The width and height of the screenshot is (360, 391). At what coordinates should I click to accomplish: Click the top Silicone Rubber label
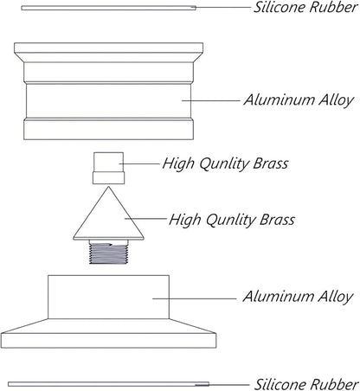tap(305, 7)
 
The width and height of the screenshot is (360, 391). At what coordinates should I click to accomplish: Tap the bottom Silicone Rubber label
tap(306, 384)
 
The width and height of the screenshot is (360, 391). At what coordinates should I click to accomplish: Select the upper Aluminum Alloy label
tap(299, 100)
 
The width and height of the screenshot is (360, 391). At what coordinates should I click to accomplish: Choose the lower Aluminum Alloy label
tap(298, 297)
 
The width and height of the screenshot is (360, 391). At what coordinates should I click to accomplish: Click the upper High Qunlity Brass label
tap(225, 163)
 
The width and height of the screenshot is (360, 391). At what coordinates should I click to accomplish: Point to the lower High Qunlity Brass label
tap(232, 220)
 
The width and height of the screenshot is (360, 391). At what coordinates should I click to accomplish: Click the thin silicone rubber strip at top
tap(108, 8)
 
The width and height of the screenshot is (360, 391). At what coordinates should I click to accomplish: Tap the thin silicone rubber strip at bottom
tap(108, 384)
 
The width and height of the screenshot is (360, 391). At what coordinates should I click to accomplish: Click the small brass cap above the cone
tap(108, 168)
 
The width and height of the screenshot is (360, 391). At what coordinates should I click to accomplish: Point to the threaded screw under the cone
tap(108, 253)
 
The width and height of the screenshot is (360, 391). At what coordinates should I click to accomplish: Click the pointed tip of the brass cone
tap(108, 187)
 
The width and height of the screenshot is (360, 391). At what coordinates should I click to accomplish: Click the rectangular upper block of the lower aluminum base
tap(108, 297)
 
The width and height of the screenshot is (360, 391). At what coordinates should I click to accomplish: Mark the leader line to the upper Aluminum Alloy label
tap(211, 100)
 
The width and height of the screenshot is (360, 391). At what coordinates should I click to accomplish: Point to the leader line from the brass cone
tap(145, 219)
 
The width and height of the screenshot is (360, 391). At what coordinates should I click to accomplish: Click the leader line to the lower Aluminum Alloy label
tap(195, 298)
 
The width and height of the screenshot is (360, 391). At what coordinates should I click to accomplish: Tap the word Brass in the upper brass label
tap(271, 163)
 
